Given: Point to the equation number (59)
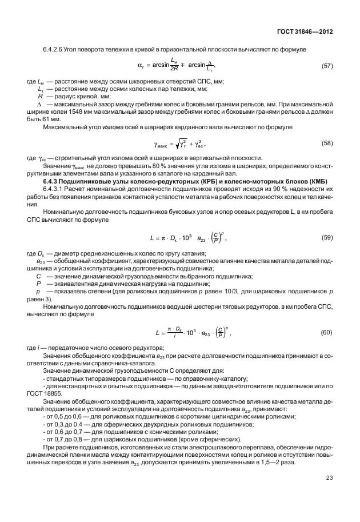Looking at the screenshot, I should [327, 236].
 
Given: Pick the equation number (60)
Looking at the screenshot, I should [327, 332].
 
